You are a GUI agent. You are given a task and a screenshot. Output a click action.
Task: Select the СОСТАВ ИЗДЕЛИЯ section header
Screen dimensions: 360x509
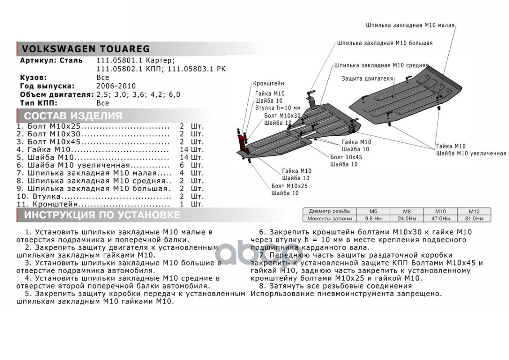click(73, 116)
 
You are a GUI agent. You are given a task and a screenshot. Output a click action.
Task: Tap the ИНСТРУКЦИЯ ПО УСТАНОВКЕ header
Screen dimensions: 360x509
click(102, 215)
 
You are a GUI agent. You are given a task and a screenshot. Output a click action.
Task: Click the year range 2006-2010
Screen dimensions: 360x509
click(116, 86)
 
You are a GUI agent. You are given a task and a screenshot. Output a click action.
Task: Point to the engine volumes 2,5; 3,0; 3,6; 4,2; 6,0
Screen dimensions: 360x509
click(138, 94)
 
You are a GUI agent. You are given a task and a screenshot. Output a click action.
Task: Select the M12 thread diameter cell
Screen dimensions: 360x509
click(473, 211)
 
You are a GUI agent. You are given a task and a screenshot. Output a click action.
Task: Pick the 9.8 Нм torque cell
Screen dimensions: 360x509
click(373, 218)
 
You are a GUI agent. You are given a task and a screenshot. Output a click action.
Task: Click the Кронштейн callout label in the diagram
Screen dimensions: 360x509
click(268, 84)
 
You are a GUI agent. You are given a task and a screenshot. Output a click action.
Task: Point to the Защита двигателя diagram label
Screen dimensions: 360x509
click(367, 78)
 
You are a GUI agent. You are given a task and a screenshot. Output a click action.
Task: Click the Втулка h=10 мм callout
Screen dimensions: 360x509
click(277, 108)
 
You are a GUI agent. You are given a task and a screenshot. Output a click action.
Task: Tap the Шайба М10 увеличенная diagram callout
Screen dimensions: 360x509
click(471, 153)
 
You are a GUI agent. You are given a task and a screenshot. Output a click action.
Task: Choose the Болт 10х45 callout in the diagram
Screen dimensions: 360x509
click(346, 157)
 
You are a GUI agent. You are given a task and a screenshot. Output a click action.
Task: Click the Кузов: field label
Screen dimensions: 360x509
click(33, 77)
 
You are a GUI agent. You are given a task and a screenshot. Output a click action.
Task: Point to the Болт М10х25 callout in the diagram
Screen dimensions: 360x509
click(290, 185)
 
